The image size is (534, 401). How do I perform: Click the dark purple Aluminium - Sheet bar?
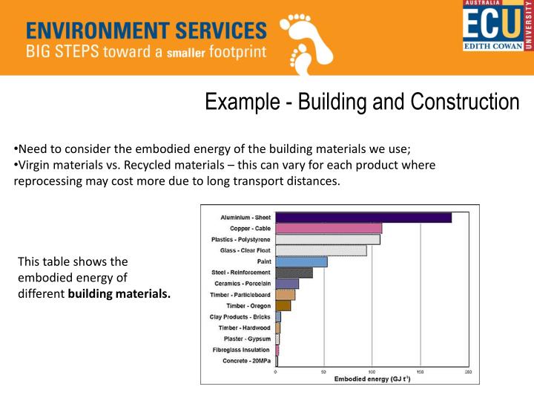point(363,218)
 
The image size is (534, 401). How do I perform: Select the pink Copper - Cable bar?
point(329,228)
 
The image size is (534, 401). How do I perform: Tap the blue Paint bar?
point(301,261)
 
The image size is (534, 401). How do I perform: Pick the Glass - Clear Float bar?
point(320,250)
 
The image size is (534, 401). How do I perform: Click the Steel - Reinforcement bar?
point(294,273)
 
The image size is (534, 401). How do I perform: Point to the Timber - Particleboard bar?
point(285,295)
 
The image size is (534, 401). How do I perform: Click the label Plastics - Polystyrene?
point(240,239)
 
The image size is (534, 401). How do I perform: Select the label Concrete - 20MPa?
point(246,361)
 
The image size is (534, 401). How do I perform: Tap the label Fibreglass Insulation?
point(241,350)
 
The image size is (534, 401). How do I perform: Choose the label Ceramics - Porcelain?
point(241,284)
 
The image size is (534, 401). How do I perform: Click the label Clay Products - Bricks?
point(240,316)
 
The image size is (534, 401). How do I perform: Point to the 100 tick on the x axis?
point(372,371)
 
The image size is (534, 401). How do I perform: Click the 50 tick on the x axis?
point(323,371)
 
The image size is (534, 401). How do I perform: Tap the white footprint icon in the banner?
point(305,41)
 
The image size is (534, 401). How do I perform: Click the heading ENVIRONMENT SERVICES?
point(146,30)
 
